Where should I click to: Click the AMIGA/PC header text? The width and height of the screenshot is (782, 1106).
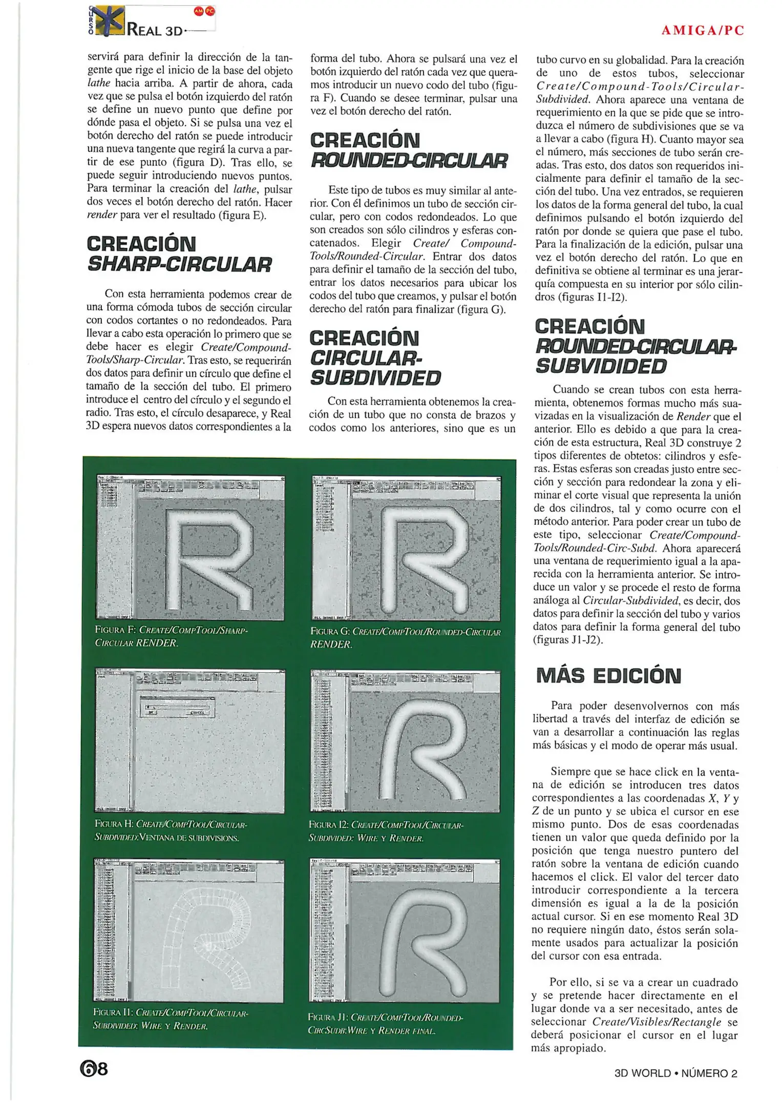[702, 30]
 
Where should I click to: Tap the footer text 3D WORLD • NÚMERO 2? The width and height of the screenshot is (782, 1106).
[675, 1073]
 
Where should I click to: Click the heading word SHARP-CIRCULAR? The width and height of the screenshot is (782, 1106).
[179, 265]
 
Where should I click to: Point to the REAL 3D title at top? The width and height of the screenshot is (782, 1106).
[154, 30]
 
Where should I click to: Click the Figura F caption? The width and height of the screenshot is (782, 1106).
[172, 636]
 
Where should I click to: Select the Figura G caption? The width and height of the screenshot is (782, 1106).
[405, 637]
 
